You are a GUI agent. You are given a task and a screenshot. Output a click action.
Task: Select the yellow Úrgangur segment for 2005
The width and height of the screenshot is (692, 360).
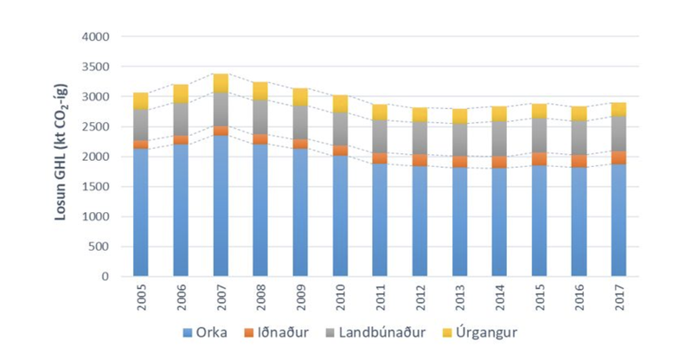(x=140, y=100)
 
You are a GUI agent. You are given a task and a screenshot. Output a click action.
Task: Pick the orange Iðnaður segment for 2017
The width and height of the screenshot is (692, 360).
(x=618, y=157)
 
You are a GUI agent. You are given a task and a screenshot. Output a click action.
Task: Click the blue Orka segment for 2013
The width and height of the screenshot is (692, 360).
(x=458, y=222)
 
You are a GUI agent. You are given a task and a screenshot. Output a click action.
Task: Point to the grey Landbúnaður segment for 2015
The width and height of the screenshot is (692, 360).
(x=538, y=135)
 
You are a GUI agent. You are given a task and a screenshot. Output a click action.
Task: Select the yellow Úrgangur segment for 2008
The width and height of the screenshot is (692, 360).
(x=259, y=91)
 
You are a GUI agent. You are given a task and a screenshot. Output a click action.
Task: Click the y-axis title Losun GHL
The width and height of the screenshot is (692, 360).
(x=61, y=157)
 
